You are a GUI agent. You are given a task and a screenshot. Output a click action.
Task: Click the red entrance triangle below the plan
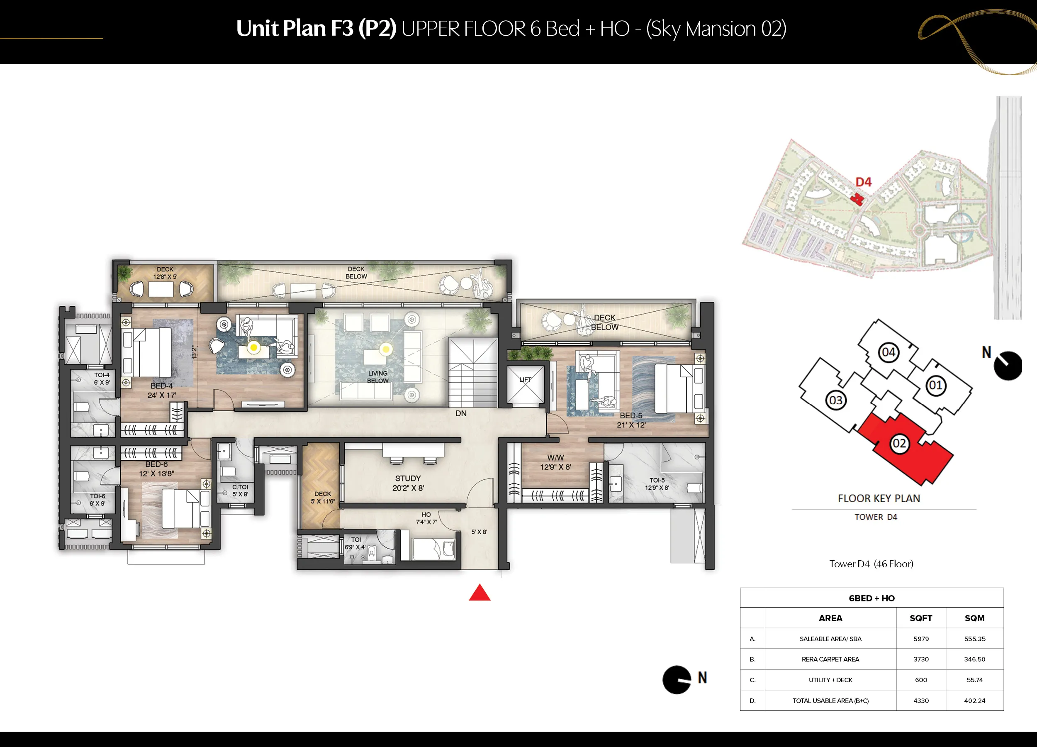pyautogui.click(x=480, y=593)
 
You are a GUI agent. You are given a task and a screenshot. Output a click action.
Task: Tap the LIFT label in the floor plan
pyautogui.click(x=526, y=380)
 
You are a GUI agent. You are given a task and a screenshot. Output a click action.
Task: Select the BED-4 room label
pyautogui.click(x=162, y=386)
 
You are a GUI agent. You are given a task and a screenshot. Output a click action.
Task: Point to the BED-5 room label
pyautogui.click(x=631, y=416)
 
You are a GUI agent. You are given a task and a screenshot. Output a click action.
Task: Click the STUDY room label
pyautogui.click(x=408, y=478)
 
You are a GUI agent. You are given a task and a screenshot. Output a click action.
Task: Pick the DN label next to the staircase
pyautogui.click(x=461, y=413)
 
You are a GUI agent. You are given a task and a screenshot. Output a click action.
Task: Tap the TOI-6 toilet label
pyautogui.click(x=97, y=496)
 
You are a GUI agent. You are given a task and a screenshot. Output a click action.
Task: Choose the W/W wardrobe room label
pyautogui.click(x=555, y=458)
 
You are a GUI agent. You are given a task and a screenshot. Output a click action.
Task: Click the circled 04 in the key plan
pyautogui.click(x=889, y=352)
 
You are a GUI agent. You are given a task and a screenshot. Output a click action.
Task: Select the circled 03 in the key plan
pyautogui.click(x=836, y=400)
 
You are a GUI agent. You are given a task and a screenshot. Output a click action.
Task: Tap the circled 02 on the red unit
pyautogui.click(x=899, y=443)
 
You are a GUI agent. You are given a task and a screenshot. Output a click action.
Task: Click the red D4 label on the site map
pyautogui.click(x=863, y=182)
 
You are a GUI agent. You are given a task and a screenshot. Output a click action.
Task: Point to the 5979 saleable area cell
pyautogui.click(x=921, y=639)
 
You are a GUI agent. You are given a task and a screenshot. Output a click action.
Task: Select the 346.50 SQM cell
pyautogui.click(x=974, y=659)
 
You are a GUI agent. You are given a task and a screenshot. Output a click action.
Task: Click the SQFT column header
pyautogui.click(x=921, y=618)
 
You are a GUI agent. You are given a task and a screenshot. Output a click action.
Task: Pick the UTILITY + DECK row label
pyautogui.click(x=830, y=680)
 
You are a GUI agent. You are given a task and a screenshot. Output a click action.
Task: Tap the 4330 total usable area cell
pyautogui.click(x=921, y=701)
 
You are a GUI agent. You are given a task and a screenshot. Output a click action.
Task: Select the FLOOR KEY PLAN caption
pyautogui.click(x=879, y=498)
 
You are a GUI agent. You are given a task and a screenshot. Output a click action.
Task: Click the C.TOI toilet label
pyautogui.click(x=240, y=487)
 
